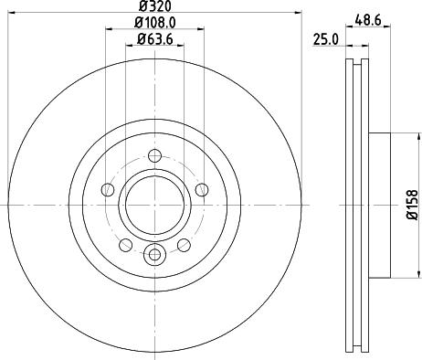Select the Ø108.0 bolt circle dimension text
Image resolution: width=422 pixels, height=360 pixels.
[x=154, y=22]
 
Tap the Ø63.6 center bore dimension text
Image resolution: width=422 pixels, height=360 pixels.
[x=154, y=39]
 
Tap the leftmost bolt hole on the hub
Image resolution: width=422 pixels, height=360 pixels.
[x=107, y=190]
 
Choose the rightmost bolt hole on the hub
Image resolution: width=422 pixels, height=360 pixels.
[x=200, y=190]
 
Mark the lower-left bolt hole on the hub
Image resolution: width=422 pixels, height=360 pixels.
[x=124, y=244]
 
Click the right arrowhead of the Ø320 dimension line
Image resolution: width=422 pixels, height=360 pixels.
[x=297, y=13]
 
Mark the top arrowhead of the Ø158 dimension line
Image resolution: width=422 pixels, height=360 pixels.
[x=398, y=135]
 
